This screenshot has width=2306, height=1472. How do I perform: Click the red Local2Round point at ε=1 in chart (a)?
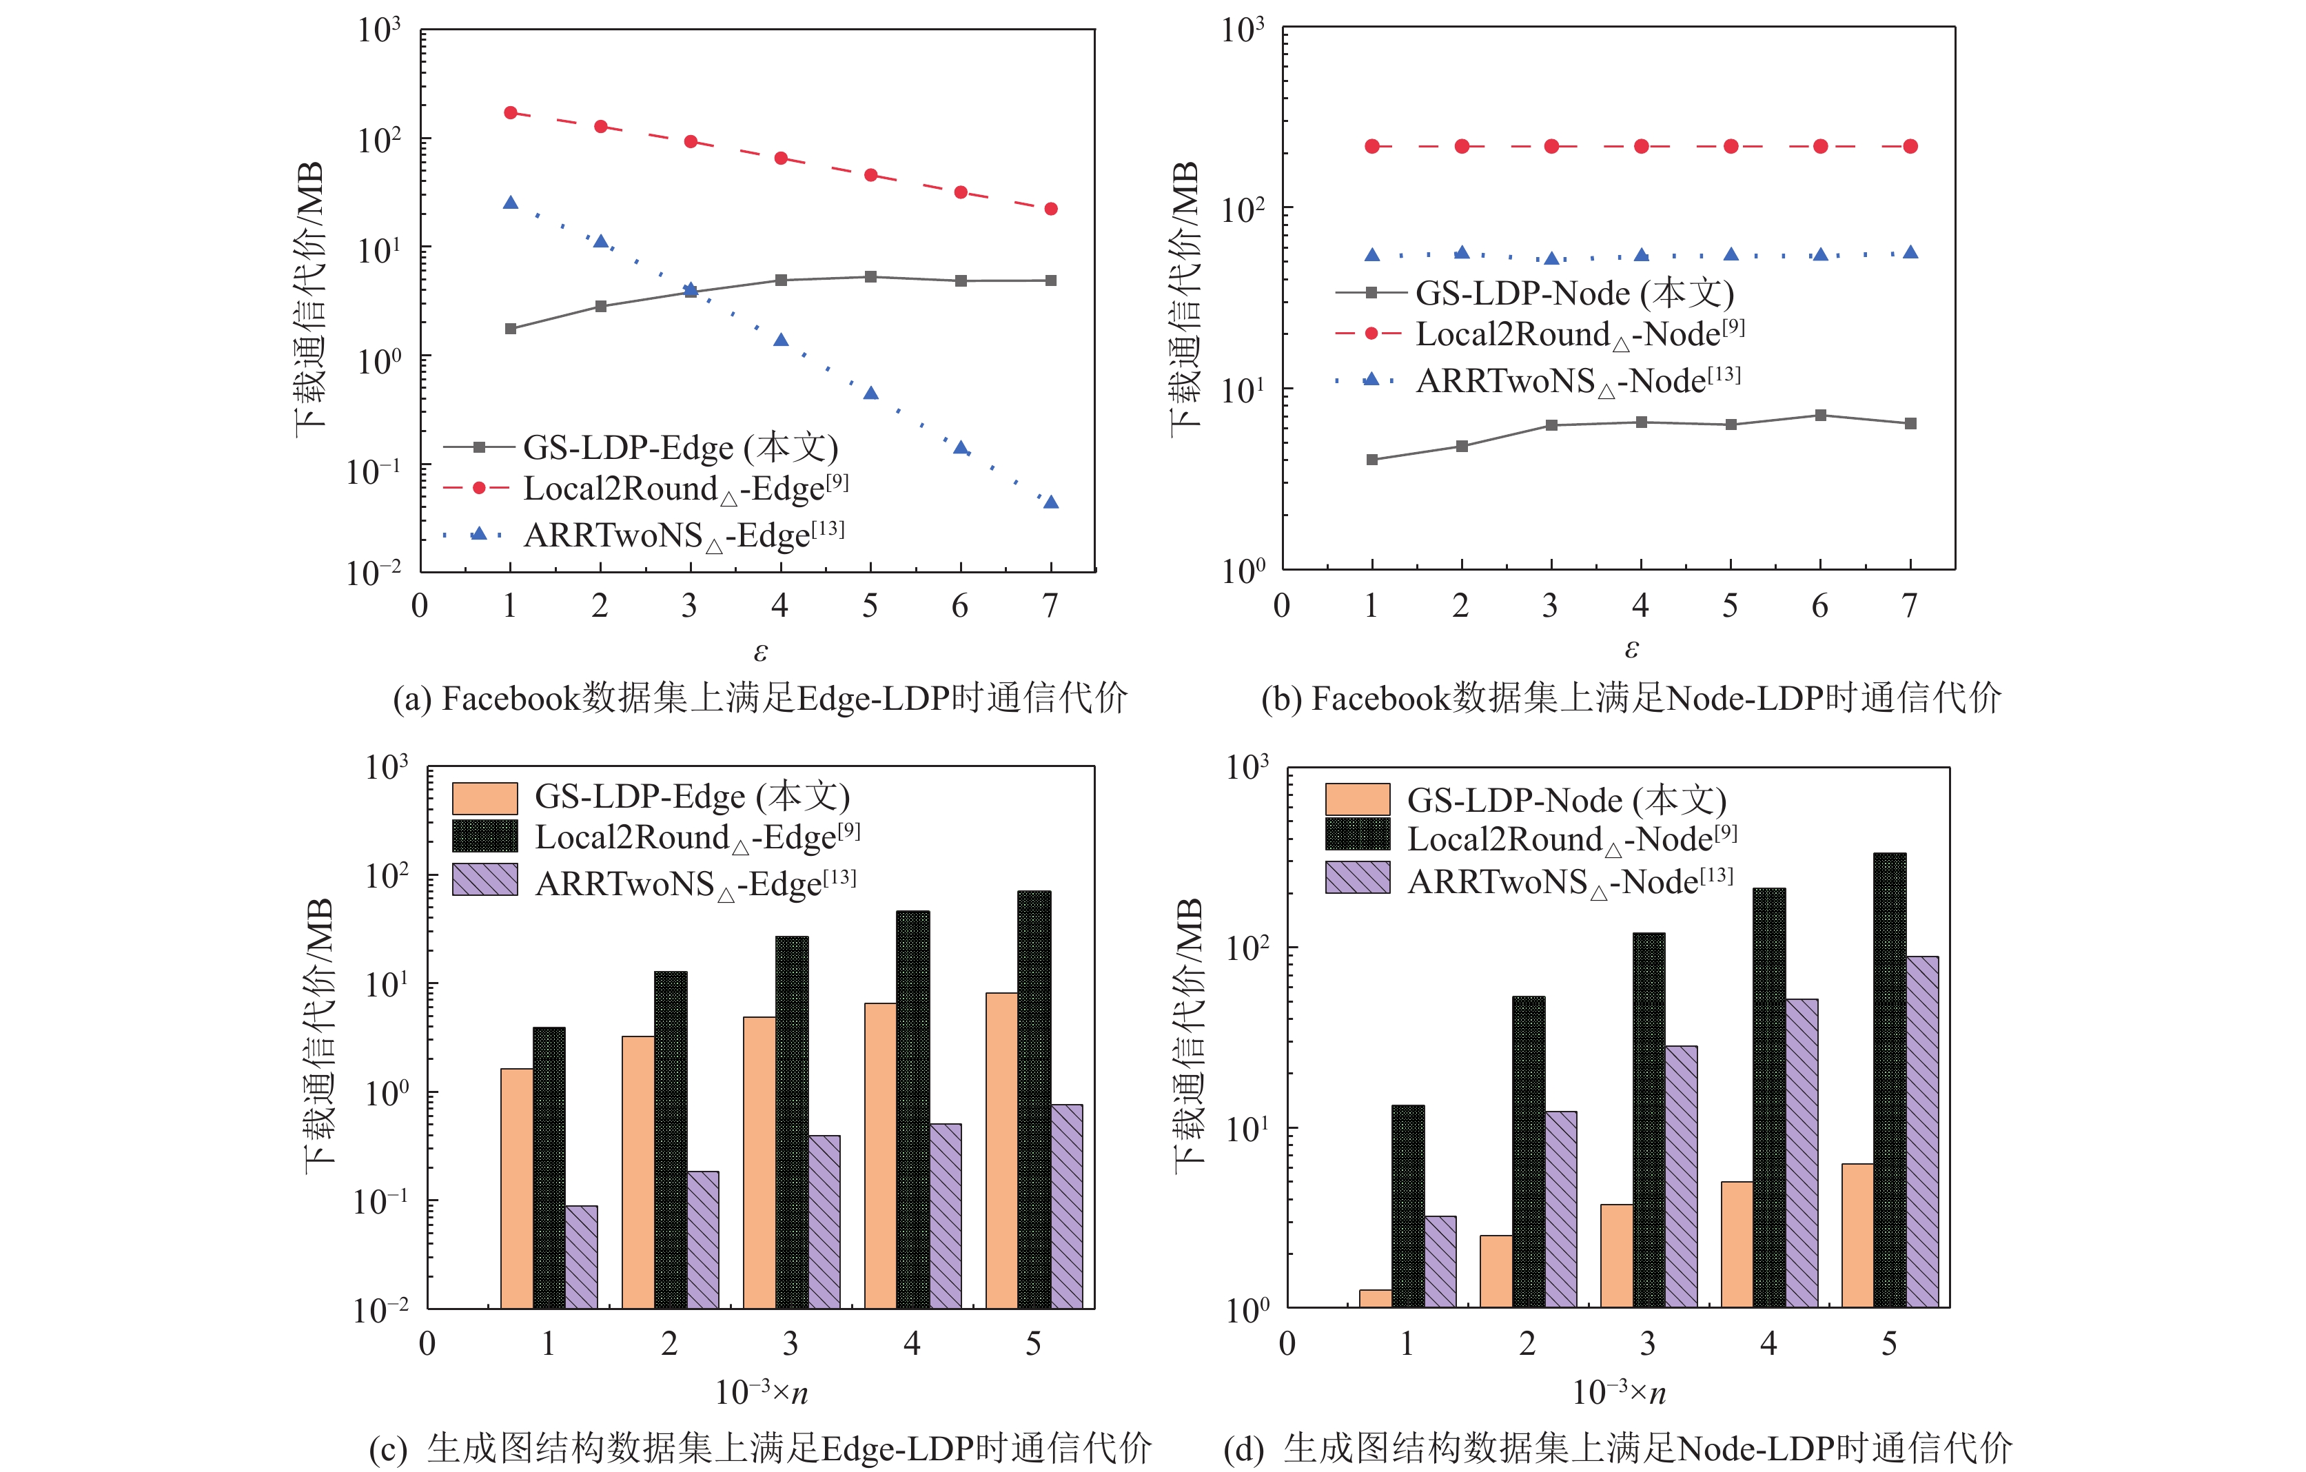click(511, 113)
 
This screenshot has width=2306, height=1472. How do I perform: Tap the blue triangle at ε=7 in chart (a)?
click(1050, 502)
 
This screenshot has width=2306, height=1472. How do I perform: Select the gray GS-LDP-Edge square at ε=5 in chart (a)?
click(870, 277)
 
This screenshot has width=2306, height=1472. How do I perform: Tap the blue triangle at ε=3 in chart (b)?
click(1551, 258)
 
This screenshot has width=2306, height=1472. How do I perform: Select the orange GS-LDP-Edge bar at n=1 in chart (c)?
click(517, 1187)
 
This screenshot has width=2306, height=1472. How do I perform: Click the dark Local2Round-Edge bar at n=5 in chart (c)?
click(1034, 1099)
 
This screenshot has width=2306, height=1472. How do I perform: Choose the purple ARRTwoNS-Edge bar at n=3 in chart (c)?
click(824, 1221)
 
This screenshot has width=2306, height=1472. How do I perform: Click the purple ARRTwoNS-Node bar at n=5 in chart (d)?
click(1922, 1131)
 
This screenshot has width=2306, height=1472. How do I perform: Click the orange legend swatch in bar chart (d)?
click(1357, 799)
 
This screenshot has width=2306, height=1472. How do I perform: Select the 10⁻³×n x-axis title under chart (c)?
click(762, 1391)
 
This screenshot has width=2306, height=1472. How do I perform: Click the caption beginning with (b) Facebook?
click(1630, 699)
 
